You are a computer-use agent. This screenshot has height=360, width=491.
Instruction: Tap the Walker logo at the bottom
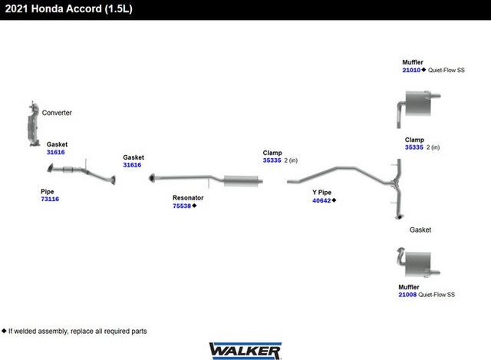pos(245,350)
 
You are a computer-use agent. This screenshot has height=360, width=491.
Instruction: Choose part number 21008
pos(407,295)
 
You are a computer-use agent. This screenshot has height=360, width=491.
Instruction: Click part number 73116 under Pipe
pos(50,199)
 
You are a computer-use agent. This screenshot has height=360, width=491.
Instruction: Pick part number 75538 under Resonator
pos(182,206)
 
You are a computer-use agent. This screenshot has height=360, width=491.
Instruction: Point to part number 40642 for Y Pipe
pos(321,200)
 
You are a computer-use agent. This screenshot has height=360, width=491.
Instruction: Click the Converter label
pos(57,113)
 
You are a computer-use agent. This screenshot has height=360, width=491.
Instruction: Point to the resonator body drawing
pos(241,181)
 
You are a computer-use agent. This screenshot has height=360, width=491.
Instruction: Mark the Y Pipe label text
pos(321,192)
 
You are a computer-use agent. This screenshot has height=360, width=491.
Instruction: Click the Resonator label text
pos(188,197)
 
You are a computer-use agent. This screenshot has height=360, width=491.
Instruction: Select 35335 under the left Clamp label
pos(272,161)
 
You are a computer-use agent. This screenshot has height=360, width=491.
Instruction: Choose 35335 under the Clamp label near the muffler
pos(414,147)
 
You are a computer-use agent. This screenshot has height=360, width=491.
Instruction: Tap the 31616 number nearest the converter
pos(56,152)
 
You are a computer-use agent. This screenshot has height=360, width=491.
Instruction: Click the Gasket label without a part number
pos(420,230)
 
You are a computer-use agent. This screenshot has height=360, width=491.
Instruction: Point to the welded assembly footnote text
pos(76,331)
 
